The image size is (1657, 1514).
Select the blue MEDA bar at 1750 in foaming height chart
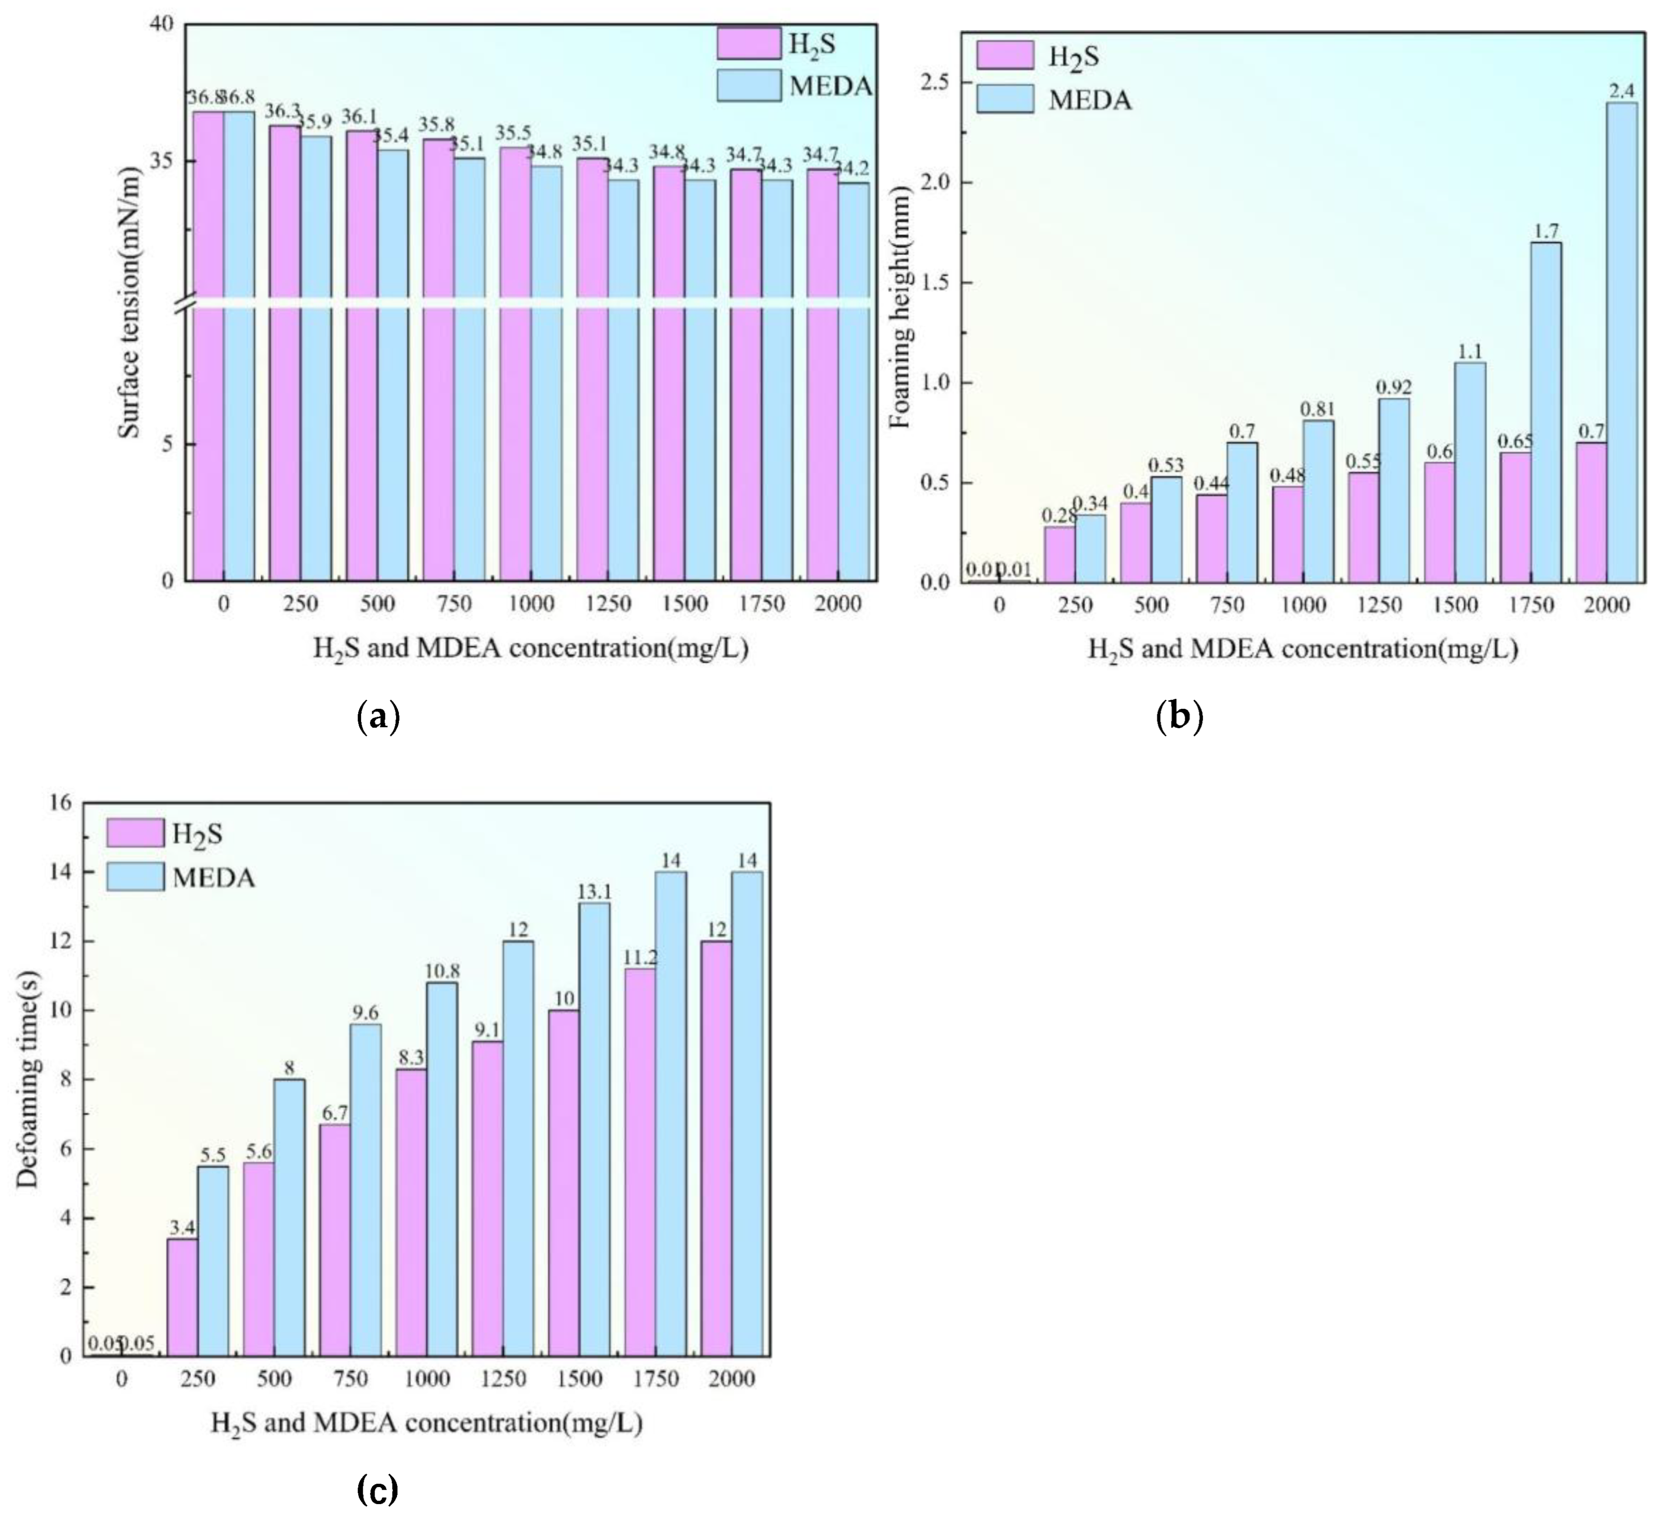(1546, 411)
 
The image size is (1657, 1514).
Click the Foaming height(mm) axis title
(902, 306)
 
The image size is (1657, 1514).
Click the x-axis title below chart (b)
(1303, 650)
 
